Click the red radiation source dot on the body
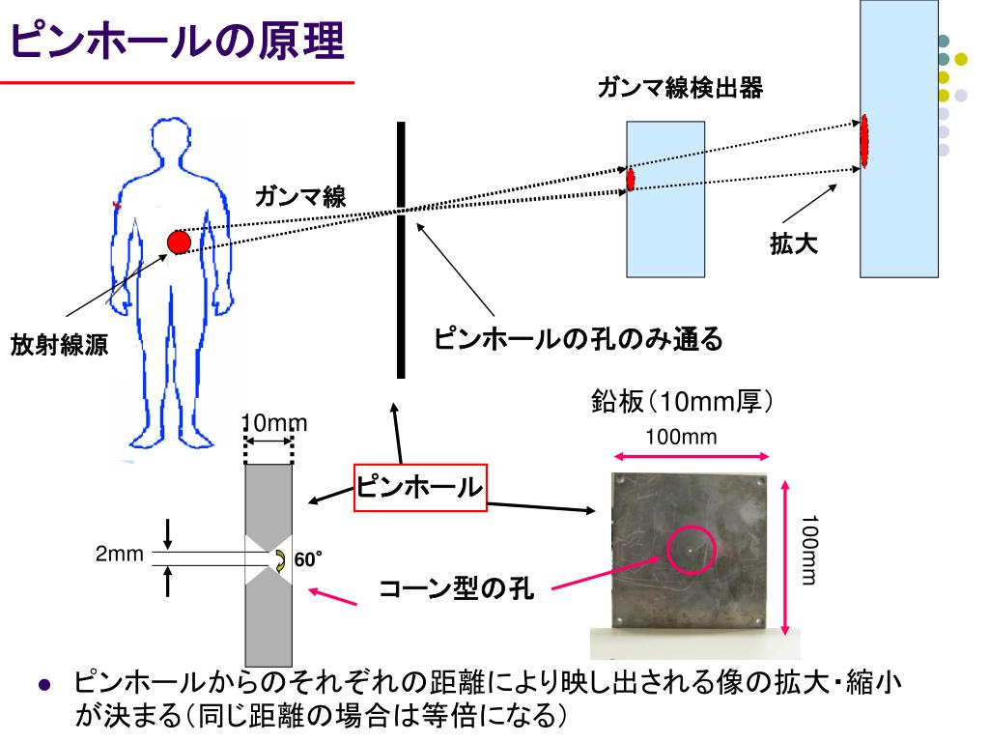tap(179, 242)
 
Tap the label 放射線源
tap(60, 346)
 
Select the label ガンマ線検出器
tap(680, 90)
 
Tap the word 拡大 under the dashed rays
tap(794, 244)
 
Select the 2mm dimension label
tap(119, 554)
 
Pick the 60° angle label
tap(308, 560)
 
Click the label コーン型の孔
tap(455, 589)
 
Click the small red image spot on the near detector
tap(630, 180)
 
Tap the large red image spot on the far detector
tap(865, 140)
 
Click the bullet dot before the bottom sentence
tap(43, 685)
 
